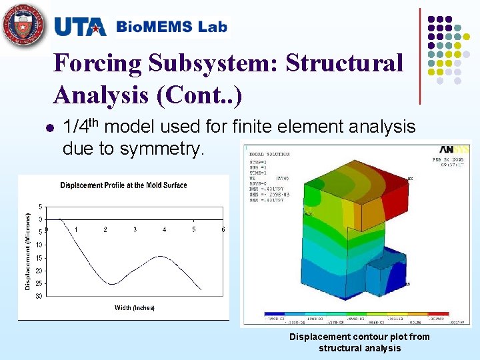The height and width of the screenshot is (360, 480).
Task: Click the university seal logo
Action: click(x=25, y=26)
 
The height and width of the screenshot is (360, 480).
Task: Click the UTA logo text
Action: click(x=80, y=27)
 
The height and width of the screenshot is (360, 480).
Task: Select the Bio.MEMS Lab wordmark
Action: click(x=171, y=27)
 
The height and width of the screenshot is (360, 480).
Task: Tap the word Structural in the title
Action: click(x=344, y=64)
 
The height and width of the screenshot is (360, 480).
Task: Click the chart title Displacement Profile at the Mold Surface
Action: click(x=123, y=185)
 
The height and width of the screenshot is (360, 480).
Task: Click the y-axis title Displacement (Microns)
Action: click(x=27, y=251)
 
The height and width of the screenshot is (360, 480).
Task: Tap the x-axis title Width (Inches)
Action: click(x=134, y=307)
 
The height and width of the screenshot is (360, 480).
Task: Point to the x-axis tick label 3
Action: click(x=135, y=229)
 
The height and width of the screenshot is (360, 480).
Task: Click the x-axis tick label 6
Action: click(x=223, y=229)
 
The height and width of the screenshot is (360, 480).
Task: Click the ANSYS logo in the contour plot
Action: click(x=453, y=150)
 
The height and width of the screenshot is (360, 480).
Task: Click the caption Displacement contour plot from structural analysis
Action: click(x=359, y=342)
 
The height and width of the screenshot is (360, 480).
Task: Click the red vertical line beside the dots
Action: click(x=420, y=57)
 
